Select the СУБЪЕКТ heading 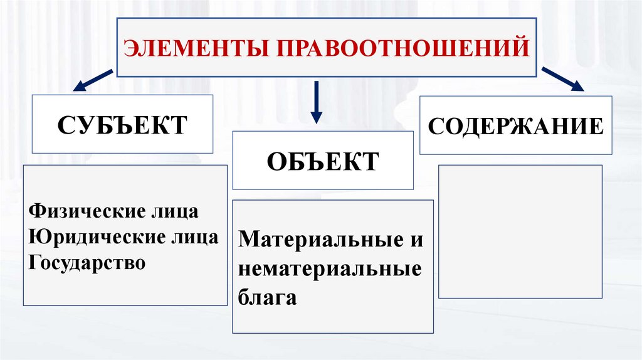pos(122,124)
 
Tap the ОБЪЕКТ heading pos(323,161)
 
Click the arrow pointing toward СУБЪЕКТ pos(93,82)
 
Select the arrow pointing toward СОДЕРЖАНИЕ pos(562,80)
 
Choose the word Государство pos(87,262)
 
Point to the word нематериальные pos(330,268)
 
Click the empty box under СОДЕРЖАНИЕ pos(520,231)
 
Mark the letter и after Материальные pos(416,240)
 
